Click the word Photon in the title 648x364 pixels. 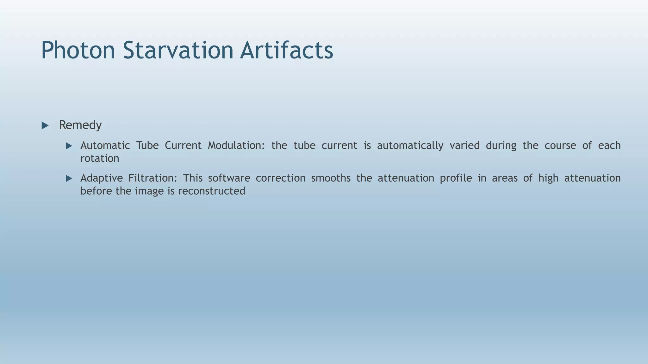click(78, 51)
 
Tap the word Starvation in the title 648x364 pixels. click(178, 51)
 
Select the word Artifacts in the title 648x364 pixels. click(286, 51)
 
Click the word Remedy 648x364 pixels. click(80, 125)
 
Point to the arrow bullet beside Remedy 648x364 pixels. click(45, 126)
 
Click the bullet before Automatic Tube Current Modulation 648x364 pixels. click(69, 146)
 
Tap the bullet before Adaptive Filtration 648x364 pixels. click(69, 179)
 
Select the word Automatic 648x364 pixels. click(105, 146)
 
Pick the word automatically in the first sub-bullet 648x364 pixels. click(410, 146)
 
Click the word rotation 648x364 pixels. click(100, 159)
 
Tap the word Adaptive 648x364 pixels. click(101, 178)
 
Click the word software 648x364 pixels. click(229, 178)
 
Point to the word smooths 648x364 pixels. click(331, 178)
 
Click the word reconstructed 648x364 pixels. click(211, 191)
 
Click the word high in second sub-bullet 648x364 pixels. click(548, 178)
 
